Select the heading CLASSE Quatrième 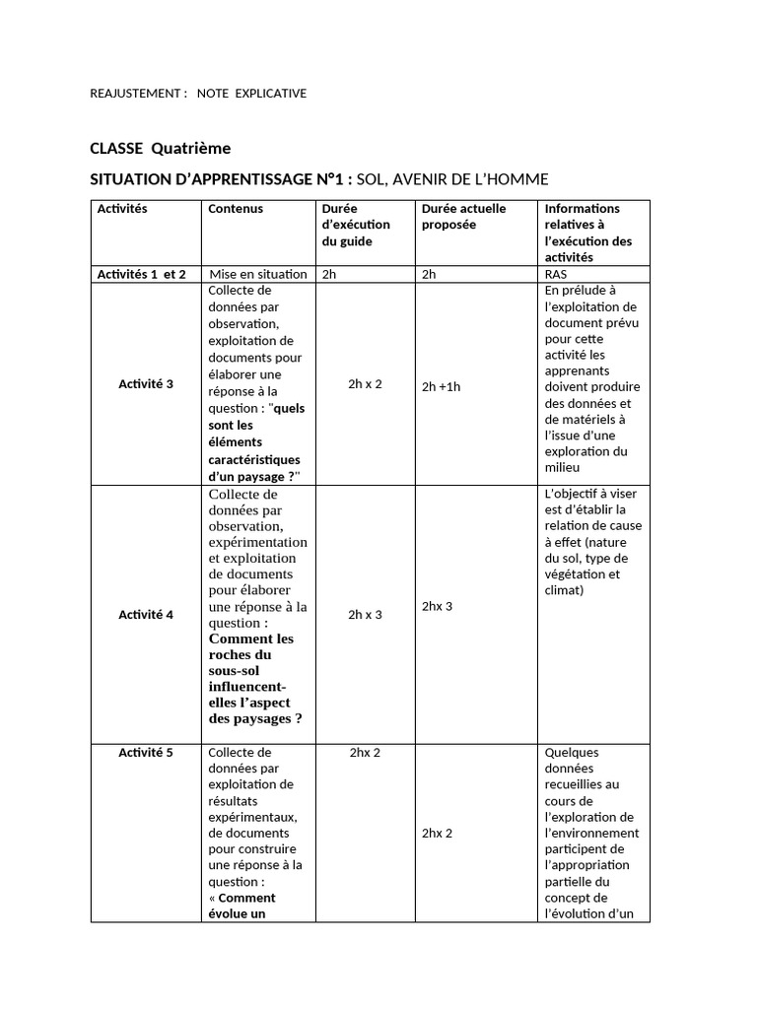160,148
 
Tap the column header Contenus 236,209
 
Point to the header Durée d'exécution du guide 356,225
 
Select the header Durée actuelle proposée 463,217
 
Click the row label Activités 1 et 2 141,274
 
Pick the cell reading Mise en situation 258,274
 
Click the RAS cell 555,275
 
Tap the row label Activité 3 146,383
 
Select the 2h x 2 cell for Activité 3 365,383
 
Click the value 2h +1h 441,386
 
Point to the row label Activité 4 146,615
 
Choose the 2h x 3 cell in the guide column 365,615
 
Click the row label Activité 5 146,753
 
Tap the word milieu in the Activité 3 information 562,468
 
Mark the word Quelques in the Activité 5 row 571,753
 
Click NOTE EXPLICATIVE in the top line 251,94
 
